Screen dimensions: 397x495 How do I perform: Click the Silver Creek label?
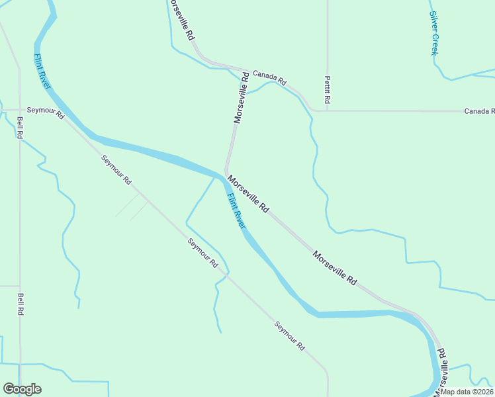(x=434, y=33)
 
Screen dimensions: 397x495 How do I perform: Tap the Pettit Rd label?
(x=327, y=89)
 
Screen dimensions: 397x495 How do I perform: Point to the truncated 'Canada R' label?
(x=478, y=110)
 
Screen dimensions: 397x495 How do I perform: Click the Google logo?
(x=22, y=389)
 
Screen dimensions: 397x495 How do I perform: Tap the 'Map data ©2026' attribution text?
(x=467, y=392)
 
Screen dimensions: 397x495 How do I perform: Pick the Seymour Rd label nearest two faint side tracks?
(x=116, y=169)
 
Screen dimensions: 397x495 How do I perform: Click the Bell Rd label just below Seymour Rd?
(x=21, y=127)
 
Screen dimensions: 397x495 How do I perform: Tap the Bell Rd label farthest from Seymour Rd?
(x=21, y=304)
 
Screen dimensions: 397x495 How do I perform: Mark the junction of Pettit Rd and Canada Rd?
(x=327, y=110)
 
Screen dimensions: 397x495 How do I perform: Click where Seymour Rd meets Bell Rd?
(x=20, y=110)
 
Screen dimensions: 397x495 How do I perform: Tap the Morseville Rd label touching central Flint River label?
(x=248, y=194)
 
